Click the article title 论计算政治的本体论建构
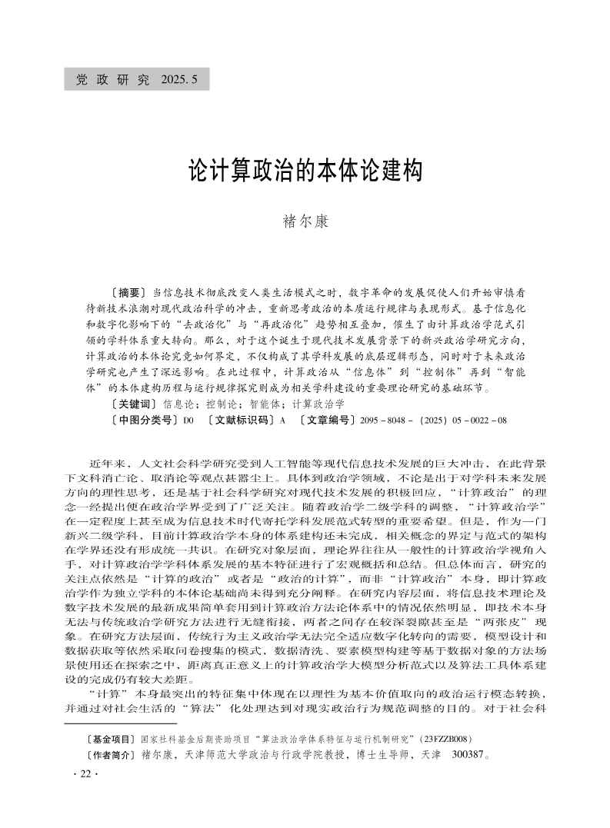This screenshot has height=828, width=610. pos(305,170)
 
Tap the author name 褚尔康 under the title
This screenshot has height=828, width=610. pos(305,221)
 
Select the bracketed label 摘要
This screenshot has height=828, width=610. pos(129,293)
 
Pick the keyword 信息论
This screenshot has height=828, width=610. pos(178,403)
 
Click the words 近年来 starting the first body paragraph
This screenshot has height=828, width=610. pos(104,464)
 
